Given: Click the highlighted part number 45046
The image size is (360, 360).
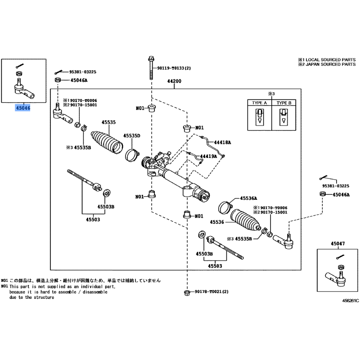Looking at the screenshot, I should click(22, 108).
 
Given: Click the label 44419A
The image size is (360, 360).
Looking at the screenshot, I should click(208, 156).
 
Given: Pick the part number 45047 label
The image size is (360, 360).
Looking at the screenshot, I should click(337, 243).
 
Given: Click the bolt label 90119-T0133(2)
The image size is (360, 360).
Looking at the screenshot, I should click(174, 68).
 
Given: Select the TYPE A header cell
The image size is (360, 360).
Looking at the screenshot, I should click(259, 103).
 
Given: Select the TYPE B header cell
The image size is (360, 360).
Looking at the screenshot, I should click(284, 103).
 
